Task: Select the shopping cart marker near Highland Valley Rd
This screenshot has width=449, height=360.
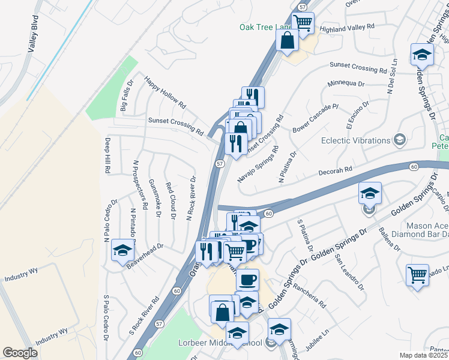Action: [303, 23]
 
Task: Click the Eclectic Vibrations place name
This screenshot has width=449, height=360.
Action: [355, 140]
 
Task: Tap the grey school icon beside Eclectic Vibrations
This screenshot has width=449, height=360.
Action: [399, 140]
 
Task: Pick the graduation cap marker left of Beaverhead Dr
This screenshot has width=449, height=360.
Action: [122, 250]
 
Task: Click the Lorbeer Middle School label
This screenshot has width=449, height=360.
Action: [228, 343]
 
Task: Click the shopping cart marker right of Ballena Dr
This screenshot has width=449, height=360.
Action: [418, 275]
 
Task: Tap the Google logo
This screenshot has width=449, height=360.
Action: [20, 353]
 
